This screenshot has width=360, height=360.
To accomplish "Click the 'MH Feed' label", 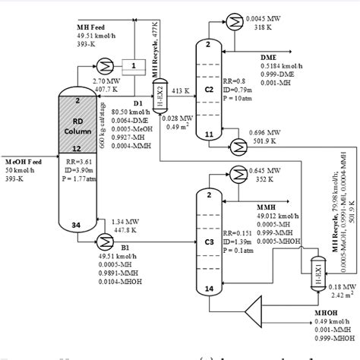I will click(x=74, y=26).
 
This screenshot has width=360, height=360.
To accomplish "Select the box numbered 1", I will click(x=133, y=66).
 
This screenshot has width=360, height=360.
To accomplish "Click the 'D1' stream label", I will click(x=137, y=102).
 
